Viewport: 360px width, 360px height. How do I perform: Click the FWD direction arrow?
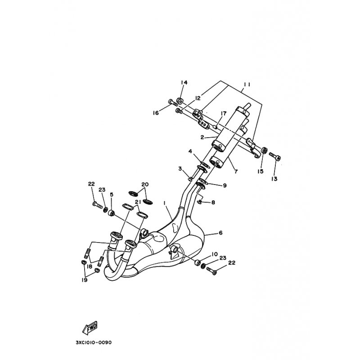90,328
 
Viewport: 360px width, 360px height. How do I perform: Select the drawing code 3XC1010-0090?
94,342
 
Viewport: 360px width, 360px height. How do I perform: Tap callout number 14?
184,82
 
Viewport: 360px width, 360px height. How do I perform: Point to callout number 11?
247,85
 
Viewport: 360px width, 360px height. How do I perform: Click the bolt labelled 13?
275,156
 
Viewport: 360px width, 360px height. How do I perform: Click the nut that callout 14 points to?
180,100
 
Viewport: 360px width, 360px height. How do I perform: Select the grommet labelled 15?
264,151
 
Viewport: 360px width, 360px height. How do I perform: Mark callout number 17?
224,113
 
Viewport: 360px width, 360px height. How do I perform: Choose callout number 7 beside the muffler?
236,171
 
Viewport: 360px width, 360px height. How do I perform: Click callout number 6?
220,233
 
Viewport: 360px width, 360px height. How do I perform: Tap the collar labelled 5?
112,213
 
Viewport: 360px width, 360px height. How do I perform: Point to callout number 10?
215,254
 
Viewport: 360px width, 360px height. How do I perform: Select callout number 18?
89,266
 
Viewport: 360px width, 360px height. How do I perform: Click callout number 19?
85,280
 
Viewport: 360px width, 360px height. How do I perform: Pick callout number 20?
145,184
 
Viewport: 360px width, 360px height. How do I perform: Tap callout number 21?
138,202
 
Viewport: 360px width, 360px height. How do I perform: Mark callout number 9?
224,185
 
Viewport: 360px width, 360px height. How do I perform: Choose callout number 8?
213,202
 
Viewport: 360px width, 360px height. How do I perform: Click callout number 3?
180,169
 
